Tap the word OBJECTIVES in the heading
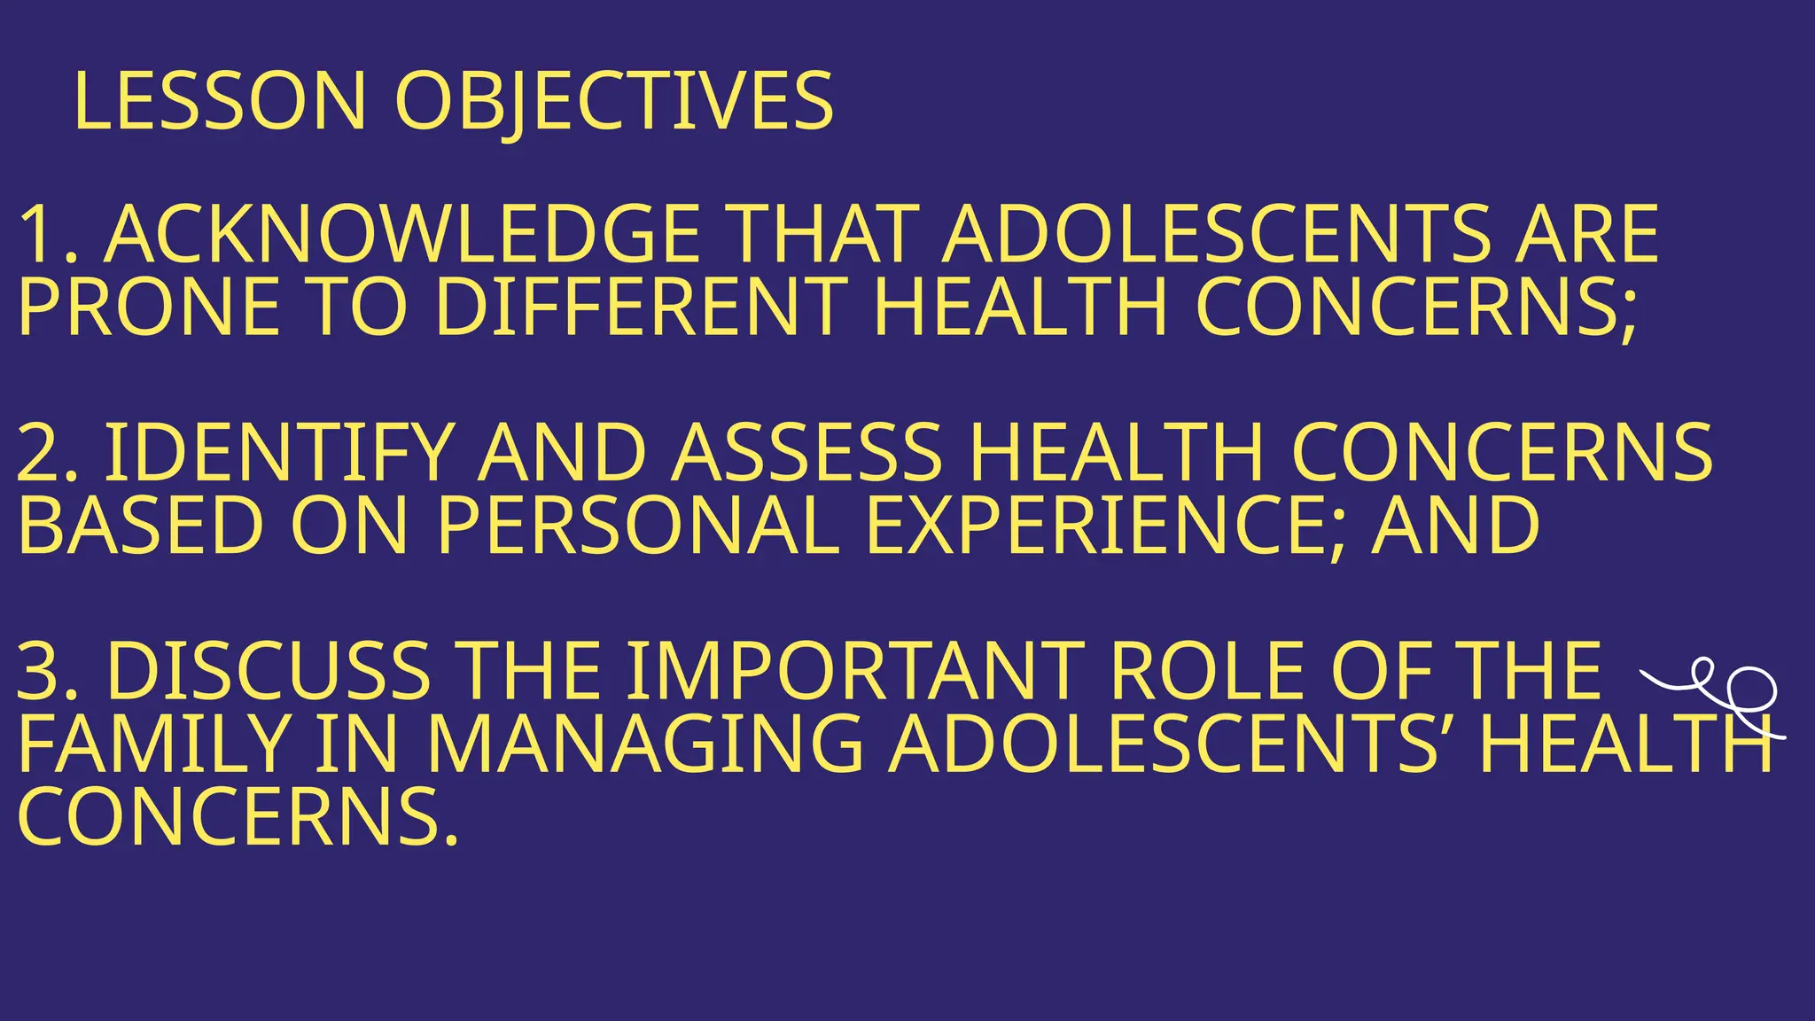613,101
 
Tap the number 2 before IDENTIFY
40,453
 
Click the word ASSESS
806,453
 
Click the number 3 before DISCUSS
40,671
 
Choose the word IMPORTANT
856,671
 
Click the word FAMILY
153,744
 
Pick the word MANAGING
645,744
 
